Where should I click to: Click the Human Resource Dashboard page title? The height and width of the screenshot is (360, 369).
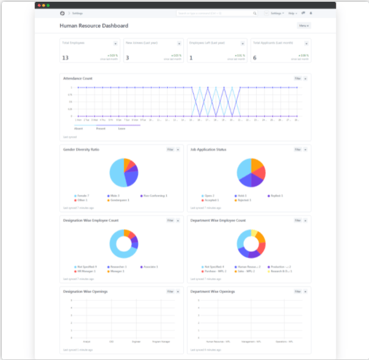point(93,26)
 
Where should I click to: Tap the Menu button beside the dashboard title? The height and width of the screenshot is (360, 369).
point(304,26)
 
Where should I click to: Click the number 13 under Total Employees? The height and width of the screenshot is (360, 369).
point(65,57)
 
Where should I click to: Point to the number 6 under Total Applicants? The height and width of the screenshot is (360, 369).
point(255,57)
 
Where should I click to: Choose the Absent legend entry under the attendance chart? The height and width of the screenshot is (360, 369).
point(79,128)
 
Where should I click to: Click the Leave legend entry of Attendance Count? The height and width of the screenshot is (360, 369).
point(122,128)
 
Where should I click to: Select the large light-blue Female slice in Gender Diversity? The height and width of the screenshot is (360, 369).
point(117,174)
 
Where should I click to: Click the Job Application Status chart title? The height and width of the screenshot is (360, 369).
point(208,149)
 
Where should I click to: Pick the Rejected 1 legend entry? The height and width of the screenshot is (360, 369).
point(244,200)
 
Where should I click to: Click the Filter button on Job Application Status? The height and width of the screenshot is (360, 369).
point(298,149)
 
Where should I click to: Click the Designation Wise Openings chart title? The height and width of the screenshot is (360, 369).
point(86,292)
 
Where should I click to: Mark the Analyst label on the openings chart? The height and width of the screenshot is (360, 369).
point(87,342)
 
